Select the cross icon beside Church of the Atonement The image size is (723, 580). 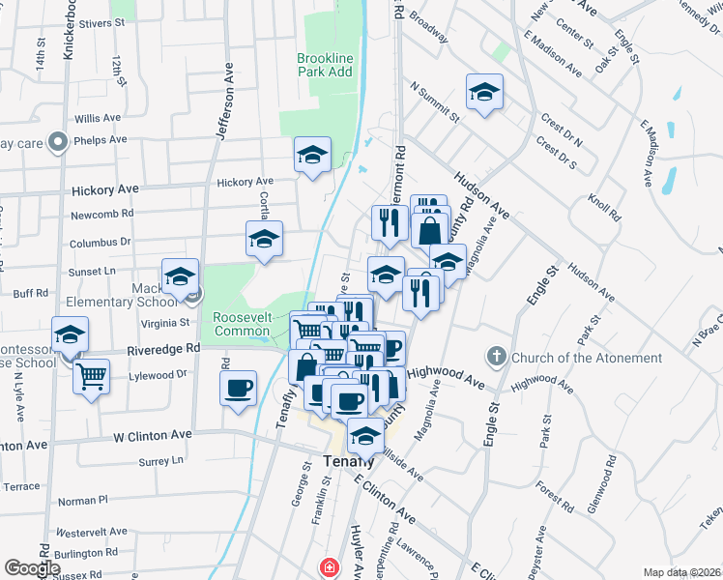pyautogui.click(x=498, y=357)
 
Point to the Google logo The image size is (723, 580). pyautogui.click(x=31, y=567)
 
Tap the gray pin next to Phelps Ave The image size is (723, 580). pyautogui.click(x=58, y=142)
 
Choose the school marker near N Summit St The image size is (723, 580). pyautogui.click(x=484, y=93)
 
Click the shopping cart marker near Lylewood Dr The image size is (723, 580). pyautogui.click(x=91, y=376)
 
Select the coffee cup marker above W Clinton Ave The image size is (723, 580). pyautogui.click(x=238, y=389)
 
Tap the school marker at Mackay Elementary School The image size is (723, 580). pyautogui.click(x=180, y=276)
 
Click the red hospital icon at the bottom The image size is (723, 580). pyautogui.click(x=330, y=566)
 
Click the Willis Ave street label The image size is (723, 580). pyautogui.click(x=97, y=118)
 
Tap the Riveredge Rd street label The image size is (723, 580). pyautogui.click(x=162, y=348)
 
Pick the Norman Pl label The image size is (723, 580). pyautogui.click(x=83, y=501)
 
